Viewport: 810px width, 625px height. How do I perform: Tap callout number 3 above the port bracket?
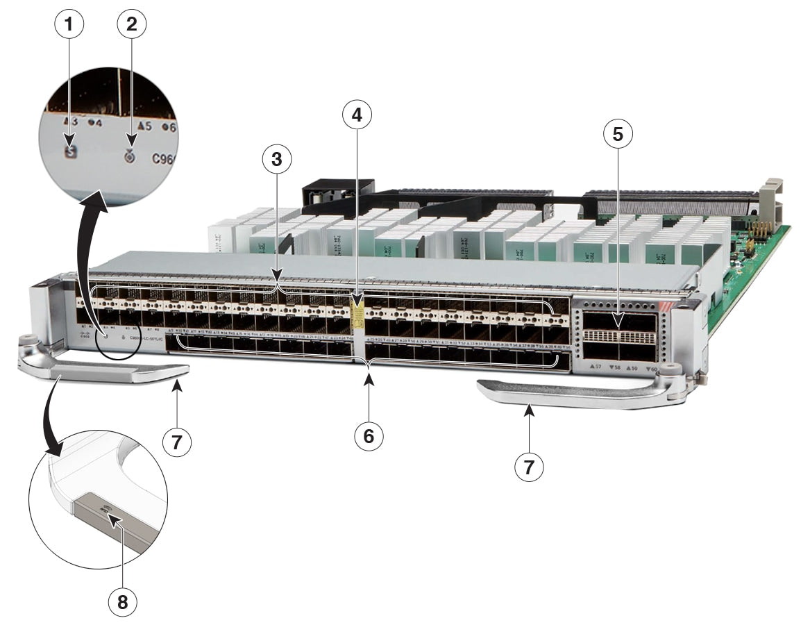pos(276,160)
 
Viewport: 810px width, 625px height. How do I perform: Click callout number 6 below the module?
pos(369,435)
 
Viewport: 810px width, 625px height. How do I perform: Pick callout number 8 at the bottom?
pos(122,602)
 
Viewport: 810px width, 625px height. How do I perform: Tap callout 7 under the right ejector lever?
pos(529,467)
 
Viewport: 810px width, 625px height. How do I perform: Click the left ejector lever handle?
pos(104,372)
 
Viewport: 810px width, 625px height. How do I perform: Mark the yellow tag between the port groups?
pos(357,313)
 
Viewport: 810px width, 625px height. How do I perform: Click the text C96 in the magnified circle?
pos(164,158)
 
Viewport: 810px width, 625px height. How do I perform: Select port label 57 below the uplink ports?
pos(595,365)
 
